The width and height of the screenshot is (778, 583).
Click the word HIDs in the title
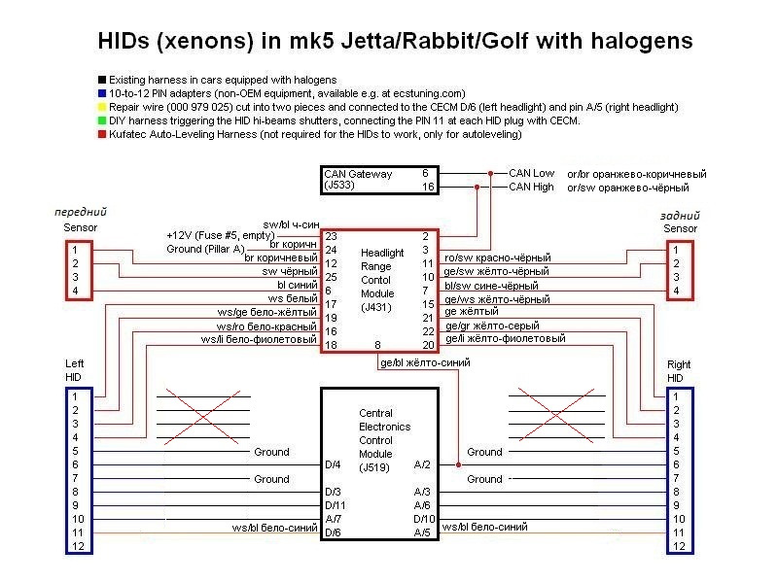124,41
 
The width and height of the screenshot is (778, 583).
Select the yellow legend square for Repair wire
102,107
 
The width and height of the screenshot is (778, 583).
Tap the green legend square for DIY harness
102,120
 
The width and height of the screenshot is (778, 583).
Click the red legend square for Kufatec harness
102,134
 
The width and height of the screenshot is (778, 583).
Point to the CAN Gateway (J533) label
358,180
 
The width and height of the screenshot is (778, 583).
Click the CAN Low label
531,173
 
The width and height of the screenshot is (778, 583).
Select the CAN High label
531,187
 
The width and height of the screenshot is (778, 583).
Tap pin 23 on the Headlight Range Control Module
331,236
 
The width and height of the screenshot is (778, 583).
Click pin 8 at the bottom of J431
377,345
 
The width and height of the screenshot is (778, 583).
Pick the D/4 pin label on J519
333,464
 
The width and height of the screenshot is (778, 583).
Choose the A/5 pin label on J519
422,532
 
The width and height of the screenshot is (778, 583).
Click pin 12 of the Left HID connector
78,546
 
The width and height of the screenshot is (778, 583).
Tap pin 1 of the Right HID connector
675,396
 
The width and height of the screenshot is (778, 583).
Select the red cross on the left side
203,417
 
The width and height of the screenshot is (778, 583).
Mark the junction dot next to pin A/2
458,465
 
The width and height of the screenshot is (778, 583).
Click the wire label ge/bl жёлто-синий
425,362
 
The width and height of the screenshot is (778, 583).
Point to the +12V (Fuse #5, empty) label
221,235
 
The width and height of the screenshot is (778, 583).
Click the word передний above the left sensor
81,212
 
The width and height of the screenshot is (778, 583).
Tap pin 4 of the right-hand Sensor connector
676,291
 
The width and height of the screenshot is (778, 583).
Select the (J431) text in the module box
376,307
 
